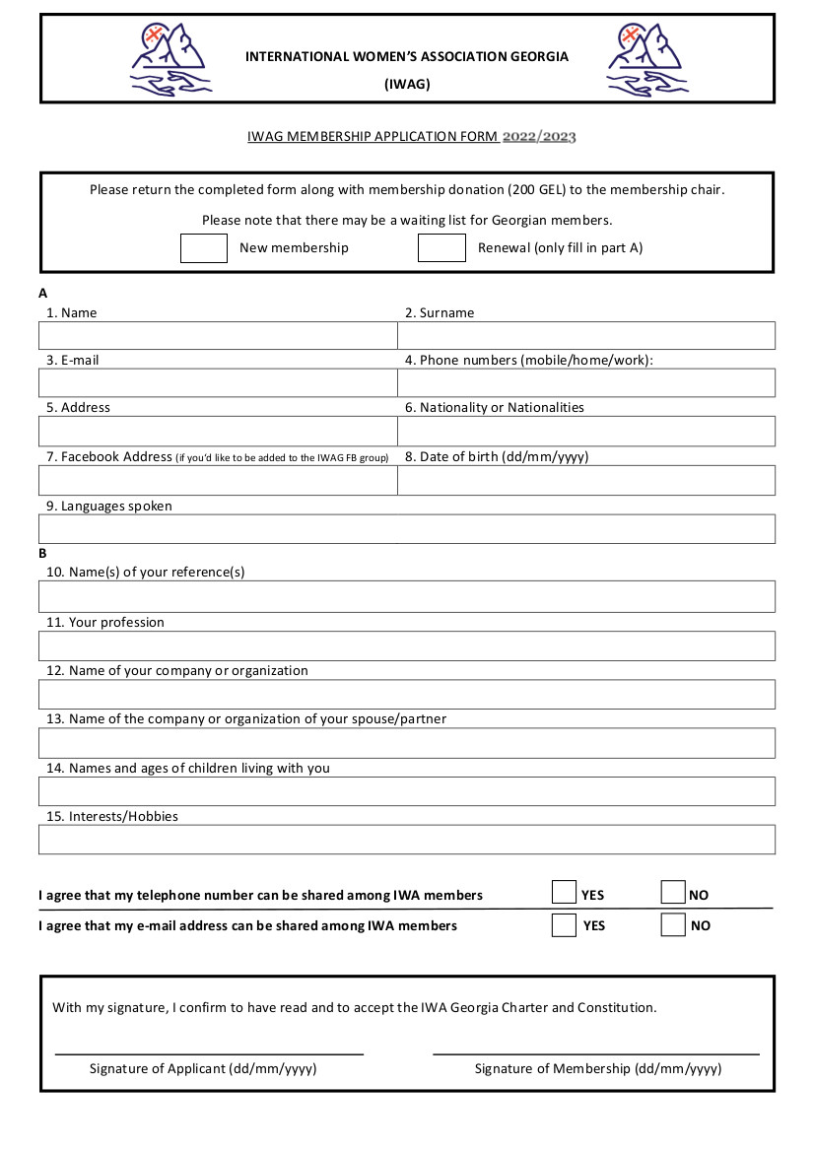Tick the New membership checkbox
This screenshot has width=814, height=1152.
(204, 247)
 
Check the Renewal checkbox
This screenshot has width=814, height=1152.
(441, 247)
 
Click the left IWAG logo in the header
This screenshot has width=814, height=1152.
(170, 60)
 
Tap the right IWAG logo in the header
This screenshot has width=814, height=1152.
(647, 60)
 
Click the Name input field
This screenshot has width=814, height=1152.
(218, 335)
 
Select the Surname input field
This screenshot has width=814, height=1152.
(586, 335)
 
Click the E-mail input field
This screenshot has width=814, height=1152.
(218, 382)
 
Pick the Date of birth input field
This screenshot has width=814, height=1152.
(586, 480)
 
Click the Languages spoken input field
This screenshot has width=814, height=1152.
(407, 528)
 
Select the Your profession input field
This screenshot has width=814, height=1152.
(407, 645)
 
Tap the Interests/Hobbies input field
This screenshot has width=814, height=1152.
(407, 839)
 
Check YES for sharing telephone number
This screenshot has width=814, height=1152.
(564, 893)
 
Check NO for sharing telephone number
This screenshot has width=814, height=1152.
(673, 893)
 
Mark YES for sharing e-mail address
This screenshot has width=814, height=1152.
(564, 924)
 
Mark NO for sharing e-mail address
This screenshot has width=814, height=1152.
(673, 924)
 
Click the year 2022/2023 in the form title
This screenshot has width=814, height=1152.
(539, 137)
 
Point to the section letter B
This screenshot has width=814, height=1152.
(43, 554)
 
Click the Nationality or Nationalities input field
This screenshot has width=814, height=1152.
(586, 431)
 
